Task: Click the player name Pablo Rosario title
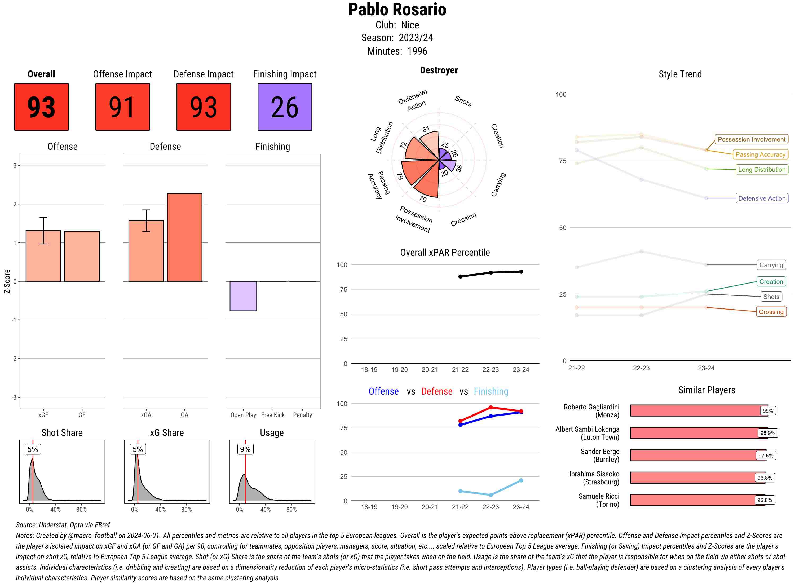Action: [397, 10]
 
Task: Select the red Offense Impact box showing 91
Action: [122, 107]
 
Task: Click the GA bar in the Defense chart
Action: [184, 237]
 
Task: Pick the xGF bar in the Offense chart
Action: [43, 256]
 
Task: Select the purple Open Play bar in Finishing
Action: [243, 296]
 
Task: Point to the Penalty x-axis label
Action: [302, 415]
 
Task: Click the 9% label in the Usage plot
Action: [245, 449]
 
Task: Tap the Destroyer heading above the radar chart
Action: [439, 70]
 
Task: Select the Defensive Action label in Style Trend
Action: [762, 198]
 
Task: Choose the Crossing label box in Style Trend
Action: [771, 312]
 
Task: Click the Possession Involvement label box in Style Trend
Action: [751, 139]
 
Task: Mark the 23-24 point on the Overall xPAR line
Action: [521, 272]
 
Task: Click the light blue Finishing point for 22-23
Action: [491, 495]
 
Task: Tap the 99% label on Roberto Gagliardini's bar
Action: [767, 411]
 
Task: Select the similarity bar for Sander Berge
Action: [694, 455]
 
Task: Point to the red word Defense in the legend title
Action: [436, 391]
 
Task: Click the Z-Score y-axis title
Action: [7, 281]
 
